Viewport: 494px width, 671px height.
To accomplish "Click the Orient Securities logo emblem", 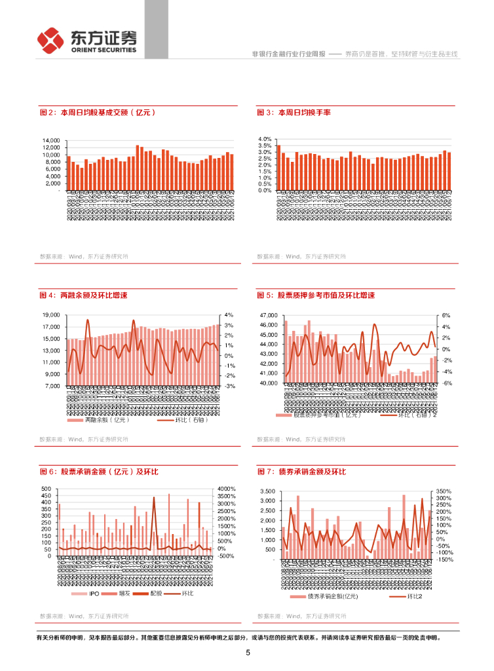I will [50, 41].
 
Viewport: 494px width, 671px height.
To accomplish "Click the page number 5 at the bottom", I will [248, 653].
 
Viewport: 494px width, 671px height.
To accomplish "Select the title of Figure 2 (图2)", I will [98, 113].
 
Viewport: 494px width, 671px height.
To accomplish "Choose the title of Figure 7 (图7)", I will [301, 472].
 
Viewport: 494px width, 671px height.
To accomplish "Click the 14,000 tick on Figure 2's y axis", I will [51, 140].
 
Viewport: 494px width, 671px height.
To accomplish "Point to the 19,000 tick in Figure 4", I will [51, 315].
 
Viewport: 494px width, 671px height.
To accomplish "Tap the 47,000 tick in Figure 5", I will [269, 315].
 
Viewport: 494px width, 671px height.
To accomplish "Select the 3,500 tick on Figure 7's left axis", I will [267, 491].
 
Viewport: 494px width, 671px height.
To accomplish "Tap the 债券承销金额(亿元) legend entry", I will [324, 597].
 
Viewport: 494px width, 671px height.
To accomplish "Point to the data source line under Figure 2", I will [84, 256].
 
